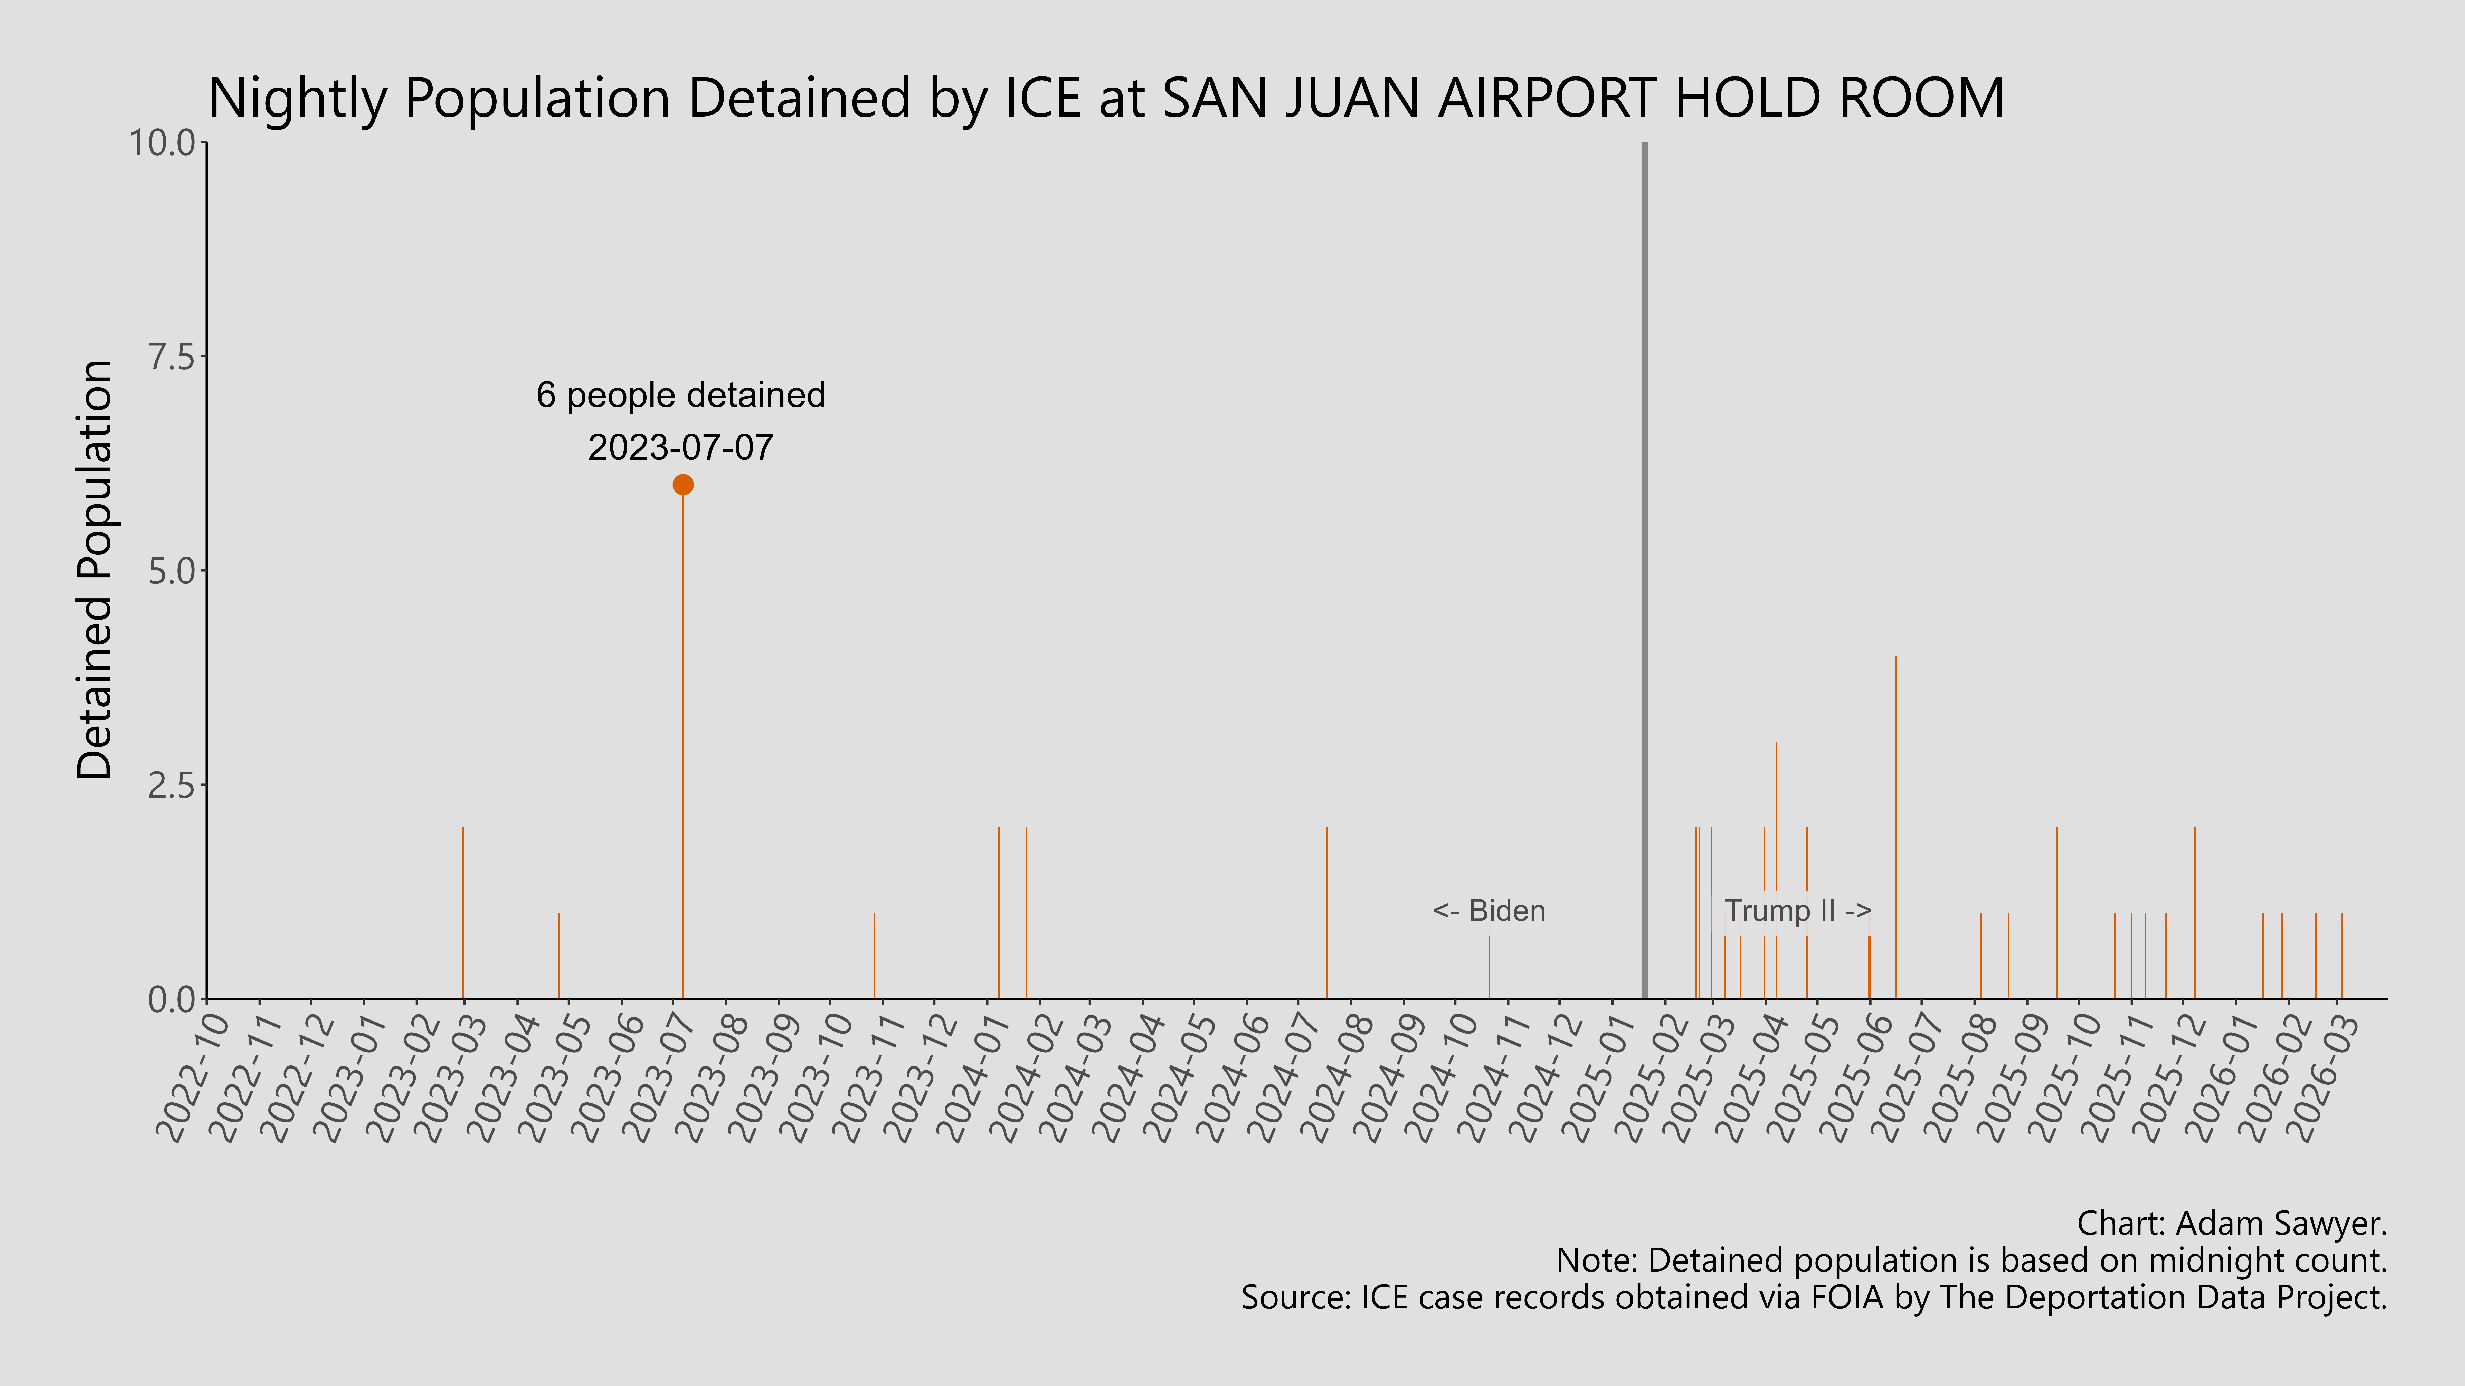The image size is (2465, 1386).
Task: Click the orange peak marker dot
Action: (682, 485)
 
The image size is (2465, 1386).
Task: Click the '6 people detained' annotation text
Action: (680, 395)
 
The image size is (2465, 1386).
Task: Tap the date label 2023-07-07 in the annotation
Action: (680, 448)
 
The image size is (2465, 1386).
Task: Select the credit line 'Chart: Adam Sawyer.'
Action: (2232, 1223)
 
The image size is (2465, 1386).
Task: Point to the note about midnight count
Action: (1971, 1261)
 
